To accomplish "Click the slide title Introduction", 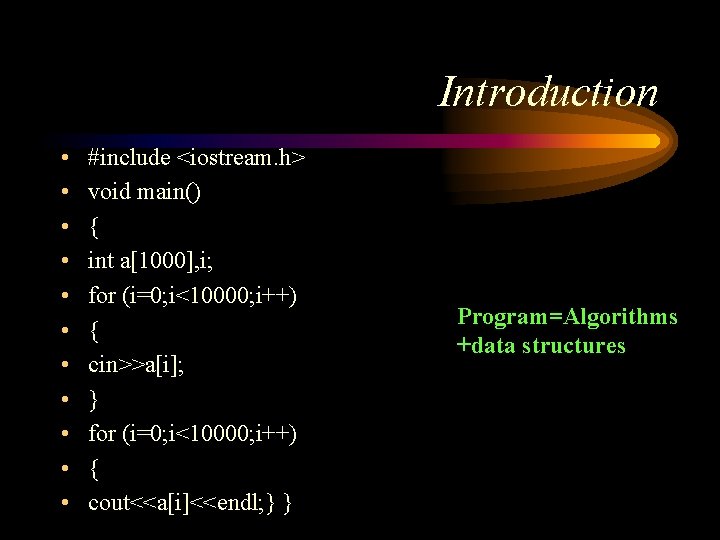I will tap(548, 92).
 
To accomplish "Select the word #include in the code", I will tap(129, 157).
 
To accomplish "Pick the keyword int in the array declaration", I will tap(101, 261).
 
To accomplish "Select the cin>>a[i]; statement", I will tap(137, 365).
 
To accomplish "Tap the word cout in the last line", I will tap(107, 503).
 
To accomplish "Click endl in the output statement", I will tap(232, 503).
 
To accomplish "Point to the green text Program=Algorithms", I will tap(567, 317).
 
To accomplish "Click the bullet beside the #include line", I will tap(63, 158).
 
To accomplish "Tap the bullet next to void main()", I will tap(63, 193).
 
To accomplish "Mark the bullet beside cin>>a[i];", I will tap(63, 366).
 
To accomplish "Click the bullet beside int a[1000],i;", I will tap(63, 262).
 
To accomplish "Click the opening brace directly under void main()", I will tap(93, 227).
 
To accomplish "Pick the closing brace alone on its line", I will tap(93, 400).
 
